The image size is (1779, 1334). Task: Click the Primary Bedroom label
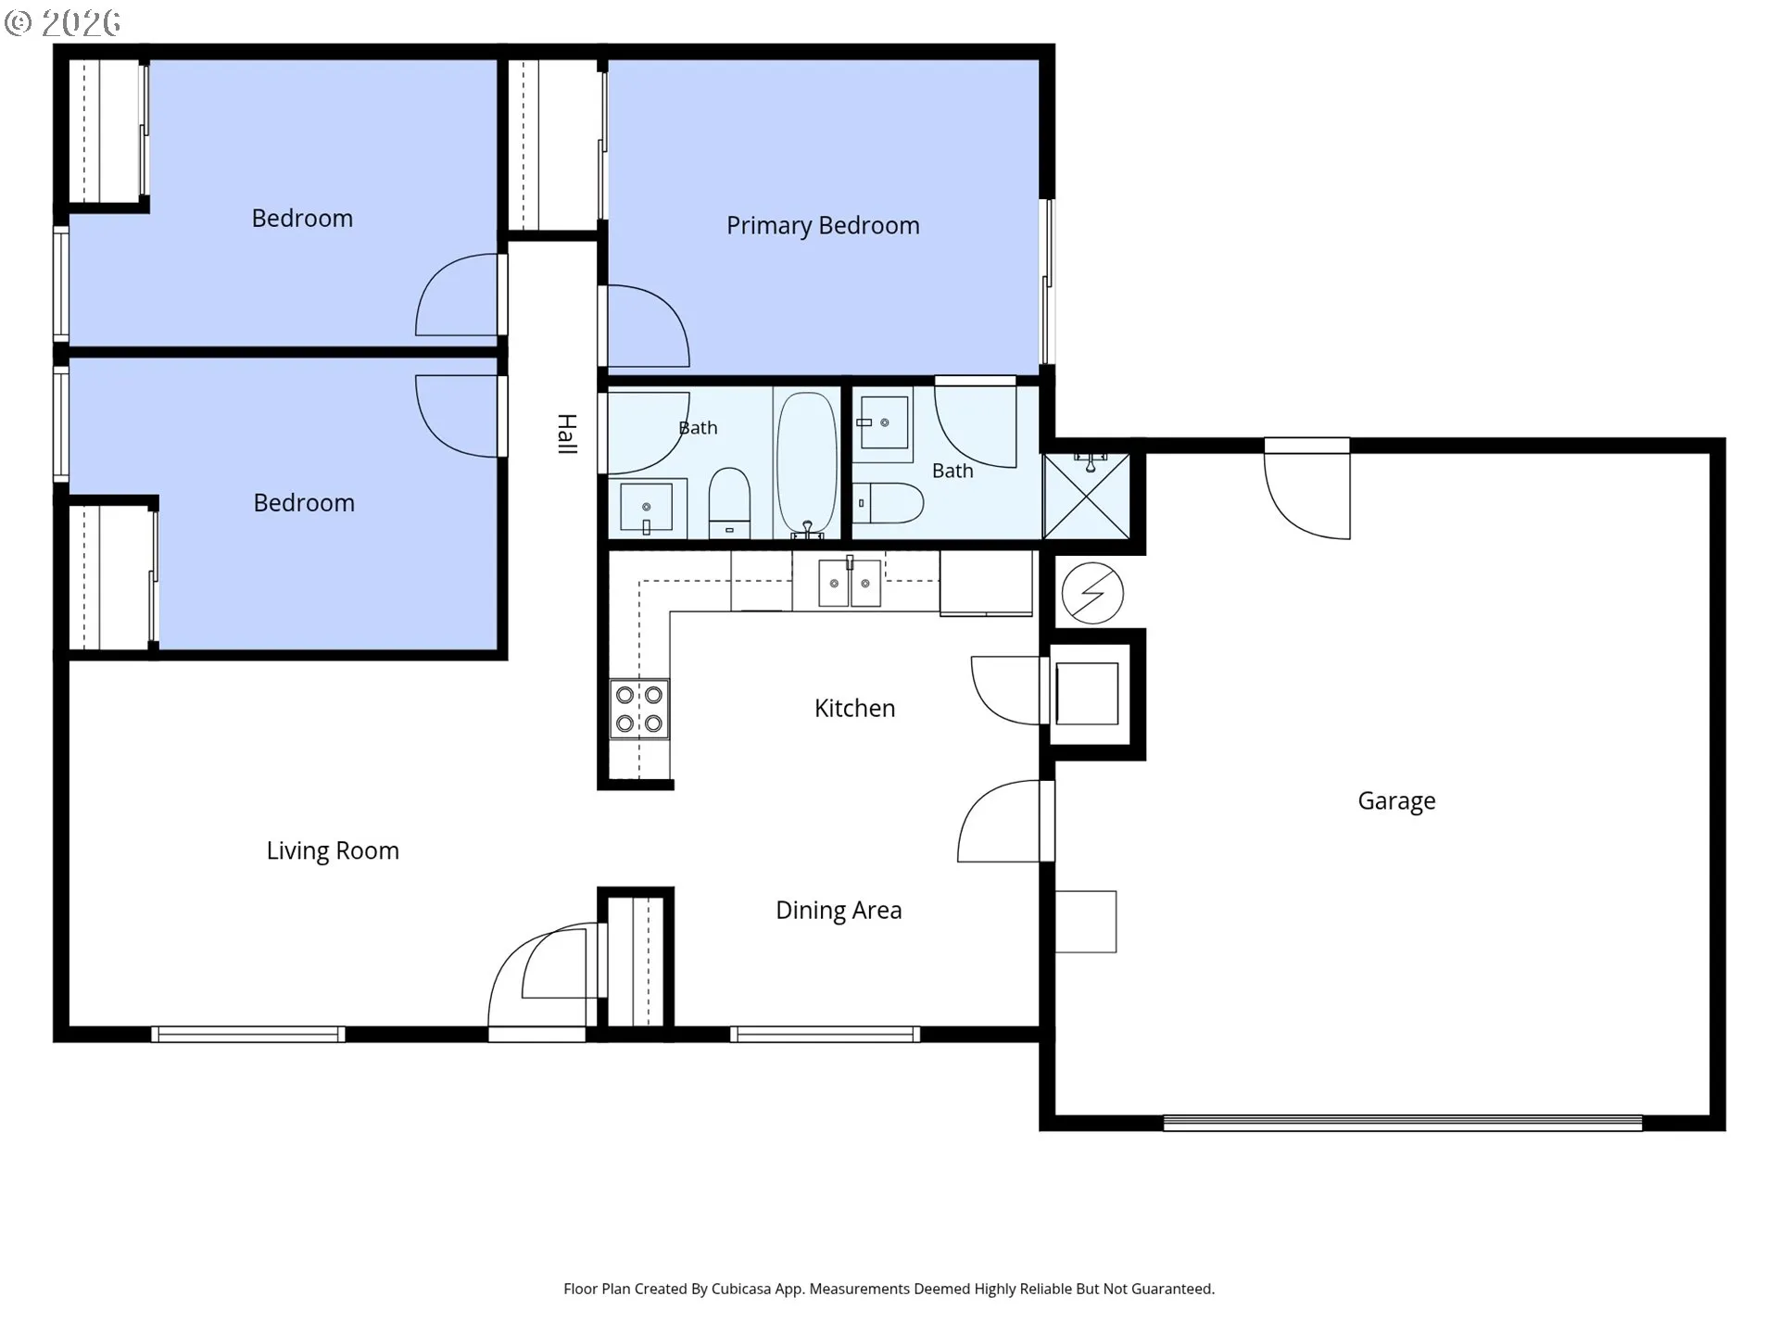pyautogui.click(x=823, y=226)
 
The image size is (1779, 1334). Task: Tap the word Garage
pyautogui.click(x=1396, y=801)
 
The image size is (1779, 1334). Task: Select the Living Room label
pyautogui.click(x=333, y=851)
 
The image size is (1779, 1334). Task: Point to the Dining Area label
pyautogui.click(x=839, y=911)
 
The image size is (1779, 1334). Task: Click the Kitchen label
pyautogui.click(x=854, y=709)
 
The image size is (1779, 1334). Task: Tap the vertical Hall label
pyautogui.click(x=567, y=434)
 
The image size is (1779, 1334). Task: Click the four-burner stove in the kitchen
pyautogui.click(x=639, y=709)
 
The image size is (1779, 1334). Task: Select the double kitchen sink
pyautogui.click(x=850, y=582)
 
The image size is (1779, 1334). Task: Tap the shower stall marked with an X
pyautogui.click(x=1087, y=496)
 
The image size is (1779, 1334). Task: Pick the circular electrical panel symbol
pyautogui.click(x=1092, y=593)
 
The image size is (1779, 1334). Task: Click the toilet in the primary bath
pyautogui.click(x=888, y=503)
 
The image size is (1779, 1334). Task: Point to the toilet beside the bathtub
pyautogui.click(x=729, y=502)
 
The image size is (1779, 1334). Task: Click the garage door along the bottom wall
pyautogui.click(x=1403, y=1123)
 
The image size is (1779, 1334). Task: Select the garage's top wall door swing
pyautogui.click(x=1306, y=488)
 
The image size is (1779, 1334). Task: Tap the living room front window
pyautogui.click(x=248, y=1034)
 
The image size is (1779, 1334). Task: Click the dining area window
pyautogui.click(x=825, y=1034)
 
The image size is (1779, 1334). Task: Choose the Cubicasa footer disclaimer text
pyautogui.click(x=889, y=1289)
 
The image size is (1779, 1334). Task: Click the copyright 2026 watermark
pyautogui.click(x=63, y=22)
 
